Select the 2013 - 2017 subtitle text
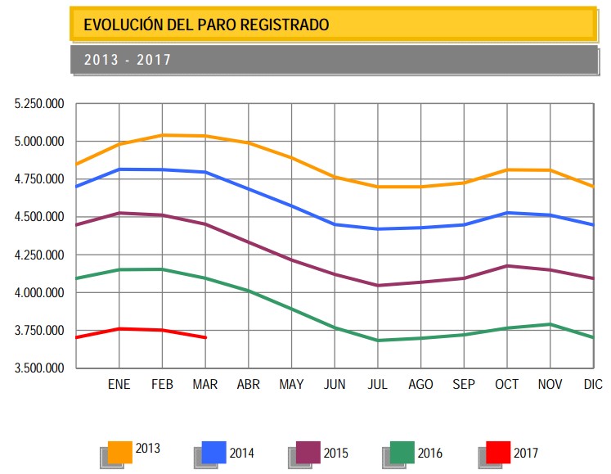coord(127,60)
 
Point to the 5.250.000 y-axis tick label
coord(39,104)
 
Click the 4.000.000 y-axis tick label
coord(39,293)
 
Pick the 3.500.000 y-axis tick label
coord(39,368)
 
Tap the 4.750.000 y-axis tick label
coord(39,179)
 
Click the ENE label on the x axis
coord(119,384)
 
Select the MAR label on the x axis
coord(205,384)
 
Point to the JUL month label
coord(378,384)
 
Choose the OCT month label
coord(507,384)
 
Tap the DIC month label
coord(594,384)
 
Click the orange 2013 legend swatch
coord(121,452)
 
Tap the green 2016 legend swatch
coord(402,452)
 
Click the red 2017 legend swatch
coord(497,452)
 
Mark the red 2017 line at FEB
coord(163,330)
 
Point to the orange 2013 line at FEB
coord(163,135)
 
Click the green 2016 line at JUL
coord(378,340)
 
